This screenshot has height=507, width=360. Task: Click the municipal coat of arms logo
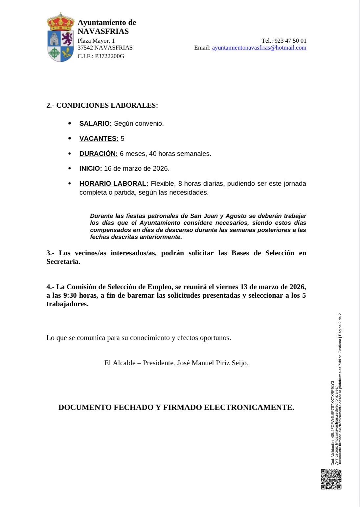point(60,37)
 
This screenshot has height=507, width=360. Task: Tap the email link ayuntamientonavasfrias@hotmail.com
point(259,48)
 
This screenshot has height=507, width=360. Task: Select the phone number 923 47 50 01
point(290,41)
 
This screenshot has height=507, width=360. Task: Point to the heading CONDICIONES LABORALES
point(107,105)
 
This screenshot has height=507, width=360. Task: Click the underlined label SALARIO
point(95,123)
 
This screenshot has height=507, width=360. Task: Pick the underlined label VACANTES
point(99,138)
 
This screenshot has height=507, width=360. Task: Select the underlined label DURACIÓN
point(98,154)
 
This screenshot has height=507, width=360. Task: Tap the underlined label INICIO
point(91,168)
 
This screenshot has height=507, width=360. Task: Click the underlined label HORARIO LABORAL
point(114,183)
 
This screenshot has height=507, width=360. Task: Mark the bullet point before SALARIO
point(70,123)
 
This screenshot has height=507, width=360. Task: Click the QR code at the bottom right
point(331,479)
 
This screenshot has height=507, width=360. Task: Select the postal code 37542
point(85,48)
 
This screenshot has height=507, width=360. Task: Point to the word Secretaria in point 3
point(63,262)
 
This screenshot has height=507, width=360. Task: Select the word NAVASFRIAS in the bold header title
point(103,32)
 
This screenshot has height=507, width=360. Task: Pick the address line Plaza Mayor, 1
point(96,41)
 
